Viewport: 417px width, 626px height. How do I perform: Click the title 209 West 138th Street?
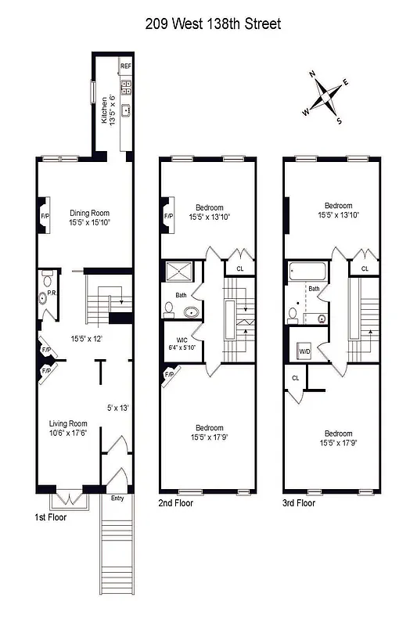tap(213, 24)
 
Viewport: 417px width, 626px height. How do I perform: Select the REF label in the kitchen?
tap(125, 67)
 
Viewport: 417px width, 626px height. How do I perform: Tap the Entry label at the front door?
tap(117, 498)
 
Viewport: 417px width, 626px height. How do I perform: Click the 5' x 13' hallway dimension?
tap(117, 407)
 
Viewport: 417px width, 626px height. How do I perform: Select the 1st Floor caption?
tap(50, 518)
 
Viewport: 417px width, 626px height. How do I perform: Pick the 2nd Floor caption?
tap(176, 503)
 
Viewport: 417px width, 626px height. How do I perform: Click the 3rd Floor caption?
tap(299, 503)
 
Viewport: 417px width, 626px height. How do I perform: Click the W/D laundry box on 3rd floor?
tap(304, 352)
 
